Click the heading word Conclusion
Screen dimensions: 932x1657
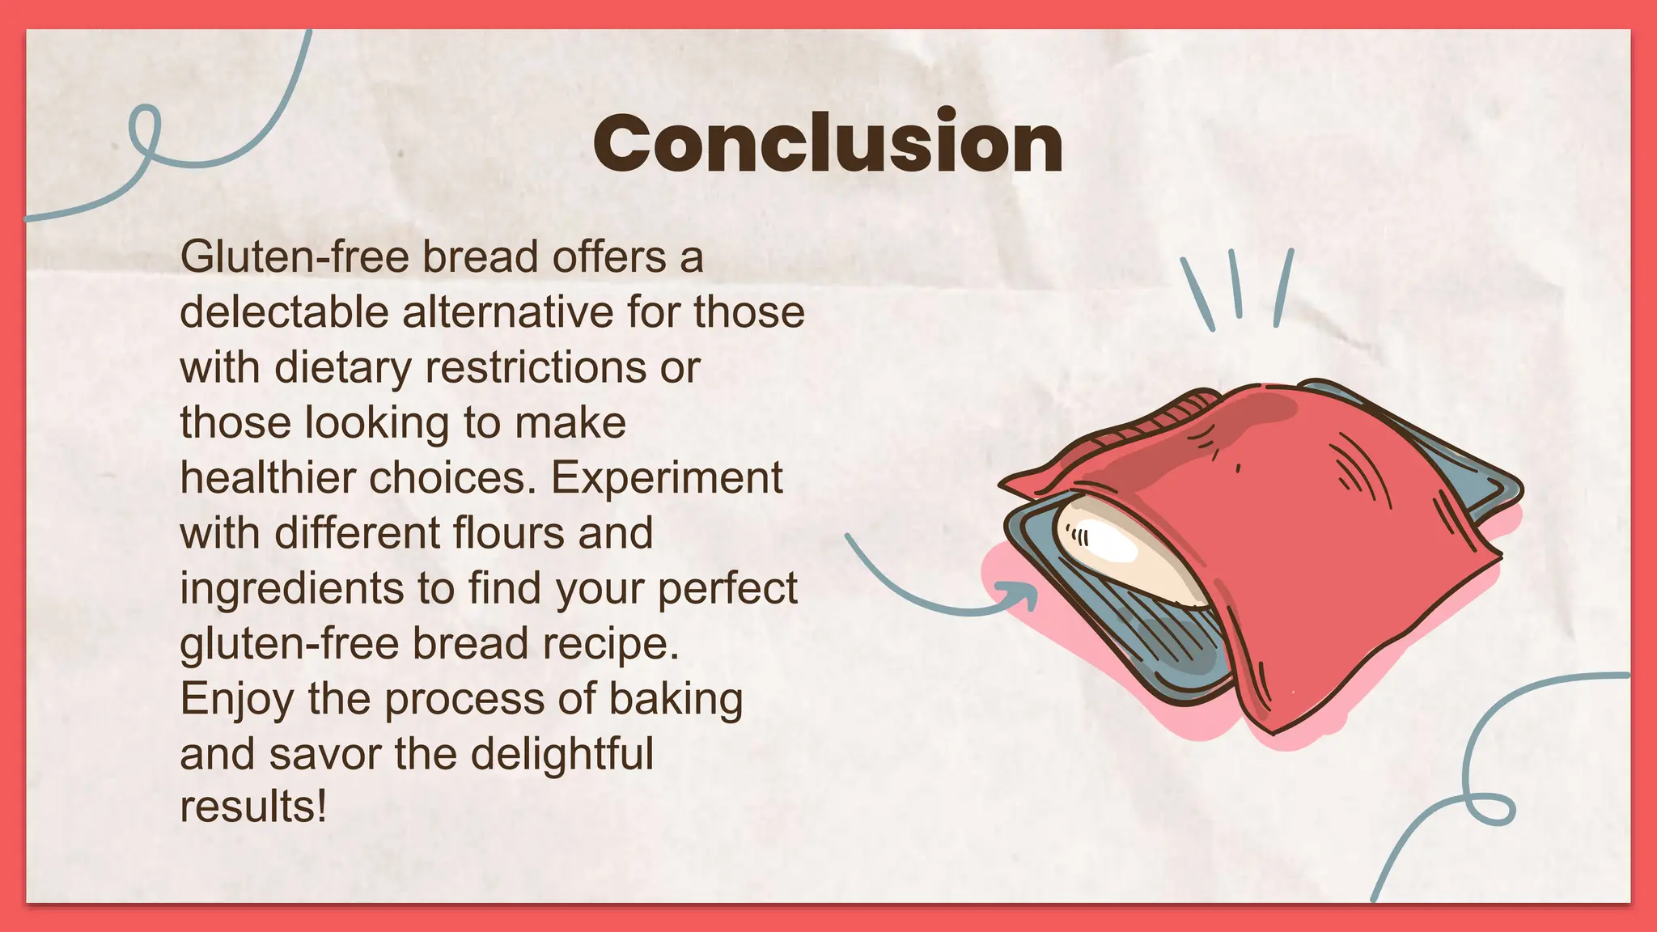[828, 143]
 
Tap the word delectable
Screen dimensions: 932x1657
[283, 312]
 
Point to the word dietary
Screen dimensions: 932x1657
[343, 368]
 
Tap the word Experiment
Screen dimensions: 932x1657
[667, 478]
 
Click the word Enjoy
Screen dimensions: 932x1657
[237, 699]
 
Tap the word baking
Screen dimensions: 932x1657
[676, 699]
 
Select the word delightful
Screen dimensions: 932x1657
[562, 754]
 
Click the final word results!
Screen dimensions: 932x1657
[253, 807]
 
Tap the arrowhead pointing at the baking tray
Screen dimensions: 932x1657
[1024, 595]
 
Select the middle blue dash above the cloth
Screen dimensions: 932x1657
[1235, 283]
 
